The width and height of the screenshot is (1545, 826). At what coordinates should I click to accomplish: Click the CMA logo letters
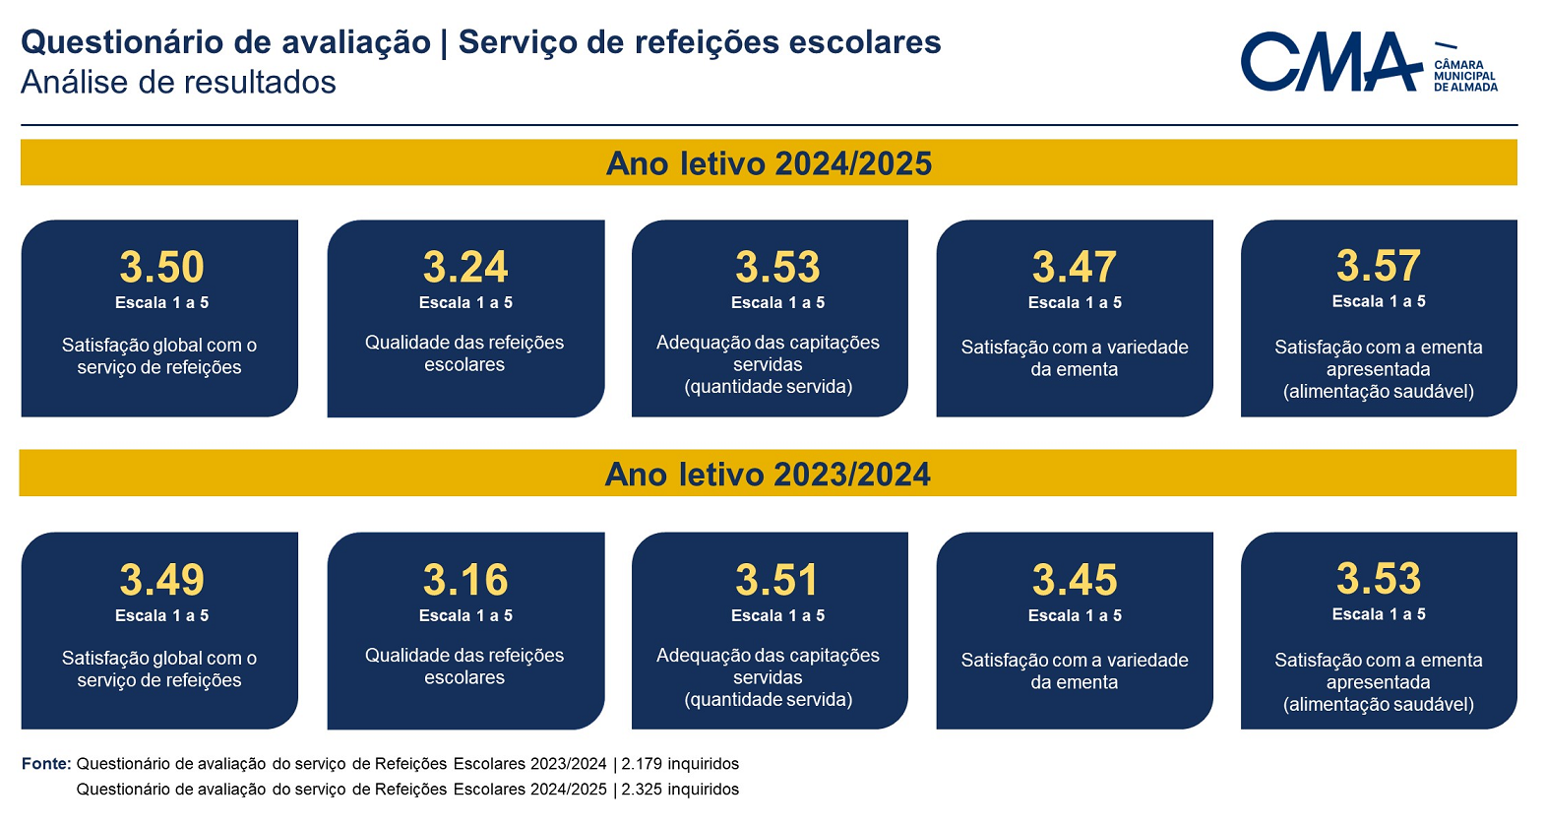tap(1331, 61)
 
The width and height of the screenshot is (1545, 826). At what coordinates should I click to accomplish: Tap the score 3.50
tap(162, 267)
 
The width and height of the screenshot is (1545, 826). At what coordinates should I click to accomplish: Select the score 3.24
tap(465, 267)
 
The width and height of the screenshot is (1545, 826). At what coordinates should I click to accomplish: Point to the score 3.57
tap(1379, 266)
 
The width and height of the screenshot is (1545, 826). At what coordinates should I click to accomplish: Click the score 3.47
tap(1075, 267)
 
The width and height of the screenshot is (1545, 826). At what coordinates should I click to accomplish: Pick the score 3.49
tap(162, 580)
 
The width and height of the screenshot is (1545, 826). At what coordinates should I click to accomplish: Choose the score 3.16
tap(465, 580)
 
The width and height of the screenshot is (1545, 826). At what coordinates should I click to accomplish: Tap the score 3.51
tap(777, 580)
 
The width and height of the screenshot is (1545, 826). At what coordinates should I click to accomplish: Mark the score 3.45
tap(1075, 580)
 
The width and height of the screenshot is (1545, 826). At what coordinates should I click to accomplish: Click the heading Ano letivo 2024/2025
tap(769, 164)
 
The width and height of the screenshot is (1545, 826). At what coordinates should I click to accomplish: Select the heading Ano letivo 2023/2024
tap(768, 475)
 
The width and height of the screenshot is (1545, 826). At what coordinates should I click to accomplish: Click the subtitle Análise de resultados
tap(179, 83)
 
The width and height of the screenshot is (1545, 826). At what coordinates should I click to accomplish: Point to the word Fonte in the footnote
tap(46, 764)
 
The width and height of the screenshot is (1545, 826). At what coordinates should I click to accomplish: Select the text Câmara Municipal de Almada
tap(1465, 76)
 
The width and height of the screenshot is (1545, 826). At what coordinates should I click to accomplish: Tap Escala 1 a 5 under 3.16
tap(465, 615)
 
